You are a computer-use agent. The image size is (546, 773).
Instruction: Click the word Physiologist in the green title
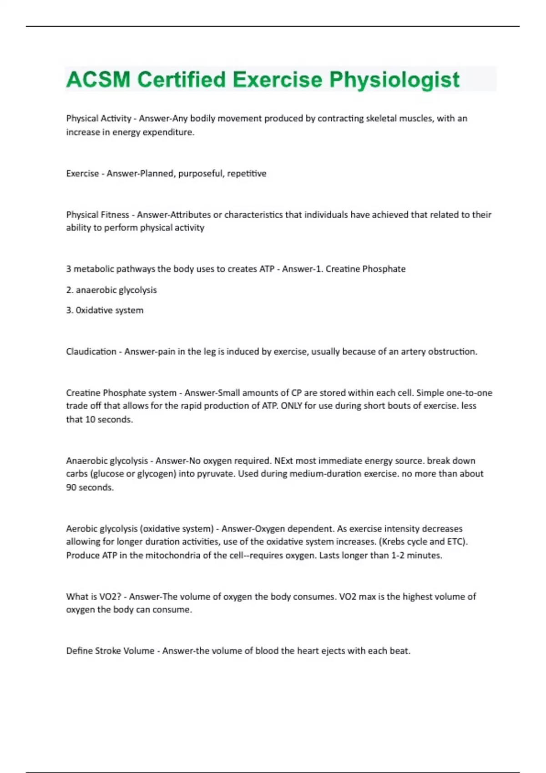(394, 80)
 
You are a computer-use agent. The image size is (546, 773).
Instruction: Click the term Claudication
(91, 351)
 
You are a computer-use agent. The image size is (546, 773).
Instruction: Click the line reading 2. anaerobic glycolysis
(111, 290)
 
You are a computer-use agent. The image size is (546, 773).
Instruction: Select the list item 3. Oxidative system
(105, 311)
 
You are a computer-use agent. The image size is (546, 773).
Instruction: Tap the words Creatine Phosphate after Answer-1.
(365, 269)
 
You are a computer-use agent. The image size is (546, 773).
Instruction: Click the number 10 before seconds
(90, 420)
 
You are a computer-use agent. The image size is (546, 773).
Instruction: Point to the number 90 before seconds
(71, 487)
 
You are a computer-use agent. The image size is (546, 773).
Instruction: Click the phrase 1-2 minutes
(416, 555)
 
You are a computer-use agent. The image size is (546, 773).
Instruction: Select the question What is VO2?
(93, 597)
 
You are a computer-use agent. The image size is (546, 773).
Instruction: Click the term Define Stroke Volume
(110, 651)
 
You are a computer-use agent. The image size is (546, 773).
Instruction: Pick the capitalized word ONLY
(291, 406)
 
